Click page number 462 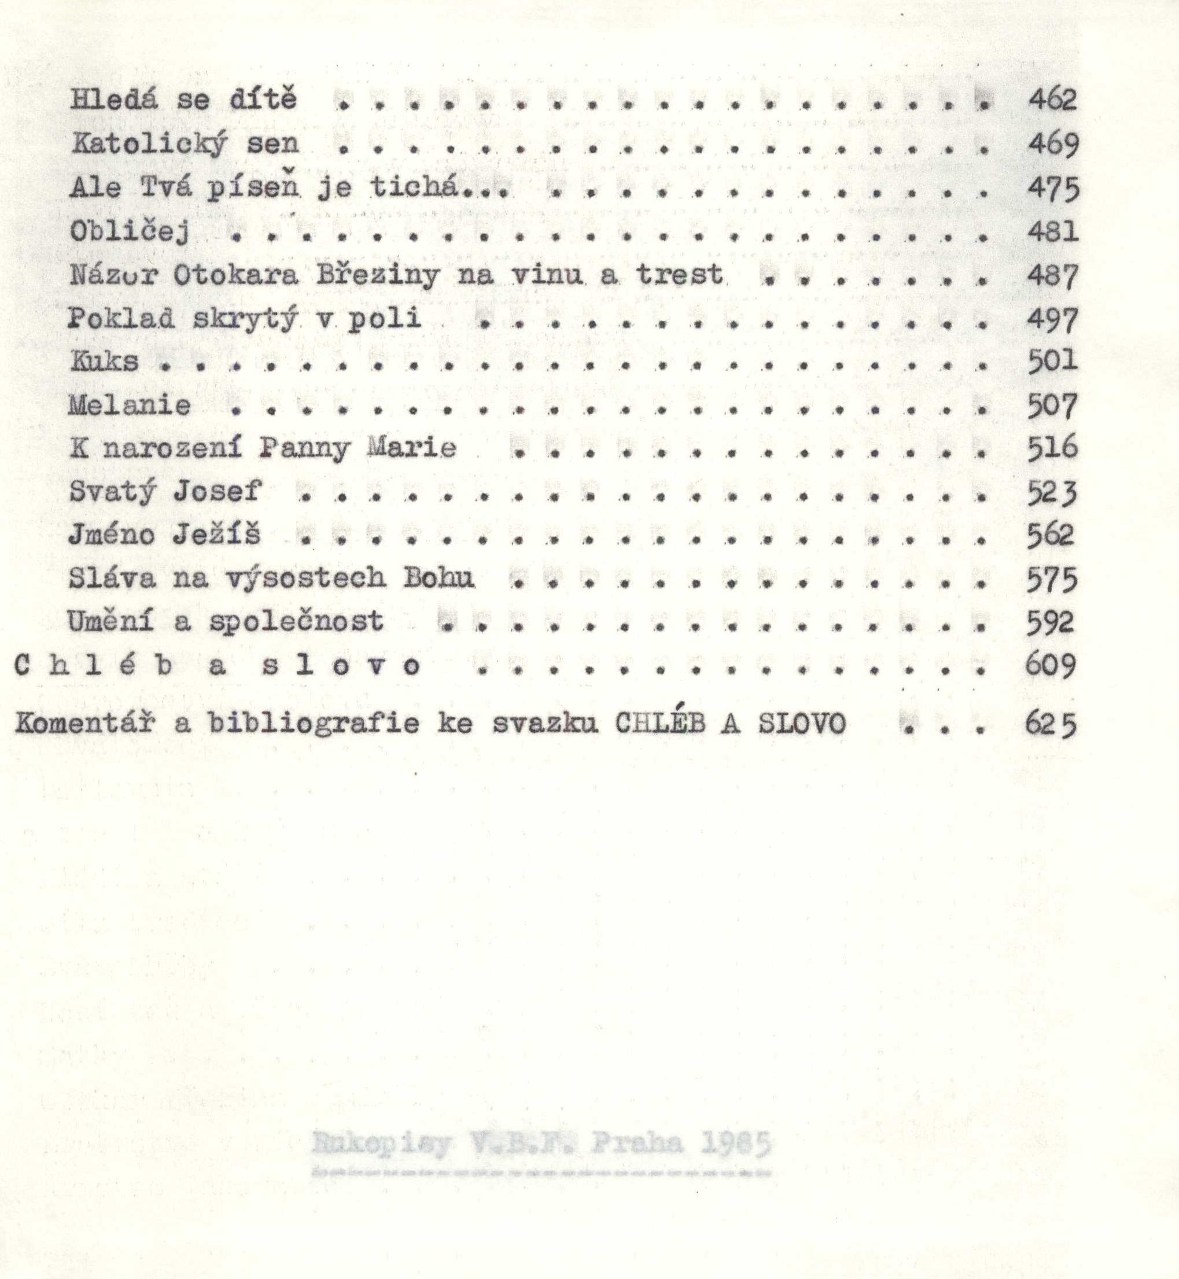click(x=1052, y=100)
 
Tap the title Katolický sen click(x=185, y=144)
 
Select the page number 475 click(x=1053, y=188)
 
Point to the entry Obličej click(x=130, y=231)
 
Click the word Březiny click(x=378, y=275)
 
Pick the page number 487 click(x=1053, y=275)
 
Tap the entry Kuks click(x=104, y=362)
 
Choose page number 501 click(x=1053, y=361)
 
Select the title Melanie click(x=130, y=405)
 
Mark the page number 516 click(x=1053, y=448)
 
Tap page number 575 click(x=1053, y=578)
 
